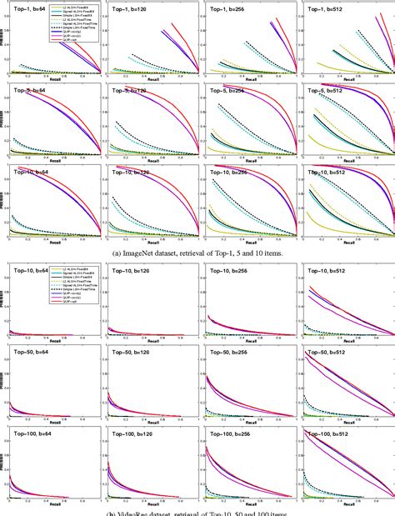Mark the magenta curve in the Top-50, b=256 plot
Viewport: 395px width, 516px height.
pyautogui.click(x=250, y=391)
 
